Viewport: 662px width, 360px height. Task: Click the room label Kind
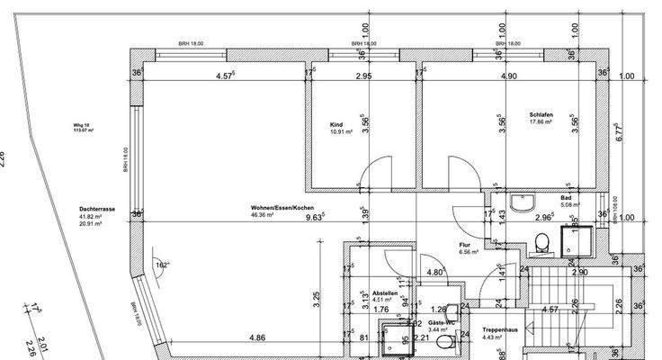point(337,124)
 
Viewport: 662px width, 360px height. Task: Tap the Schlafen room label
point(541,114)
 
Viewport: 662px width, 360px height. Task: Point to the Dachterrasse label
point(94,208)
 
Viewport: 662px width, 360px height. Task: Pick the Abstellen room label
point(384,292)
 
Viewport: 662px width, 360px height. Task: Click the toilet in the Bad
point(541,241)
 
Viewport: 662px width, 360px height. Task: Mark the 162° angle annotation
point(161,265)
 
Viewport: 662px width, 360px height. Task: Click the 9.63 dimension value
point(315,218)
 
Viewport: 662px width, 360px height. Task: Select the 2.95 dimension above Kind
point(363,76)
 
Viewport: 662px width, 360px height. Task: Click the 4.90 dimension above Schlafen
point(509,76)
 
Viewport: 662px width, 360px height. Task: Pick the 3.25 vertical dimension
point(317,297)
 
